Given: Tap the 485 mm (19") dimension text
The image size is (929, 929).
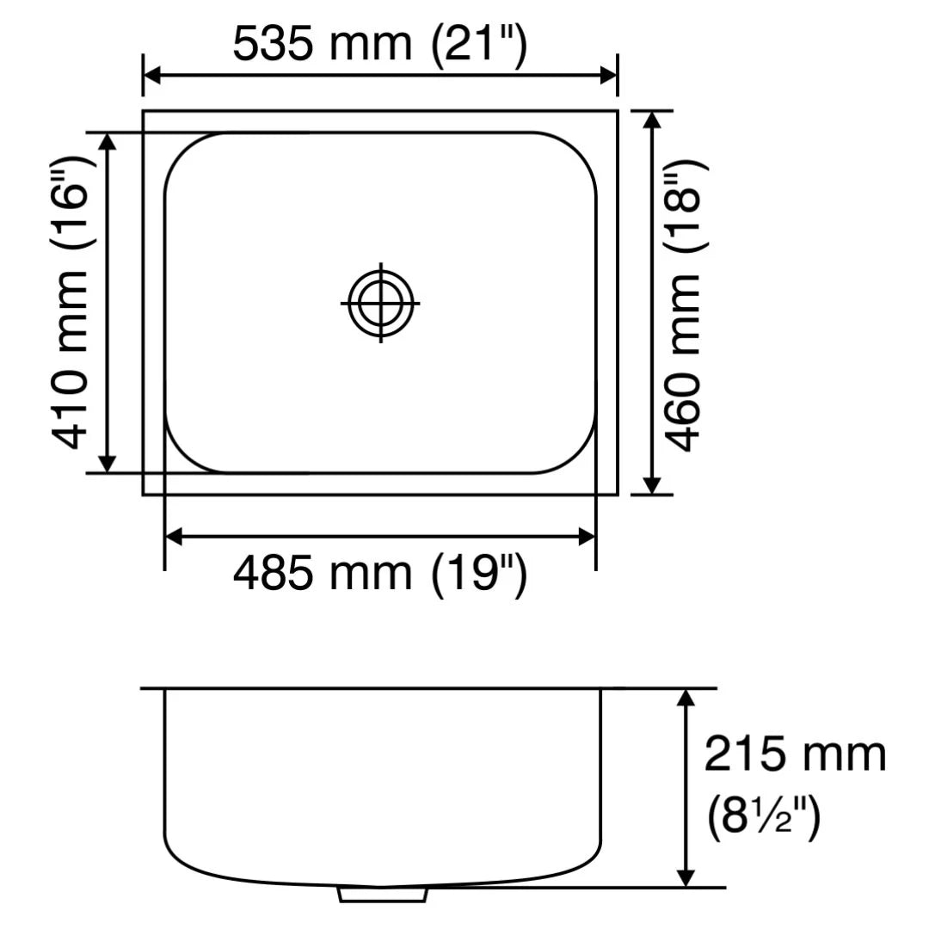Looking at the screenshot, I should pos(378,573).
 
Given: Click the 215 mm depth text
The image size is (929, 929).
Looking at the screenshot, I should pos(795,755).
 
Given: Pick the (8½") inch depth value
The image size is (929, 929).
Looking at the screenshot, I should pos(763,817).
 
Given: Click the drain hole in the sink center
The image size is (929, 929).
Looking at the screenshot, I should pos(380,304).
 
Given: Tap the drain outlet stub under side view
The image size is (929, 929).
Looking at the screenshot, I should pos(383,895).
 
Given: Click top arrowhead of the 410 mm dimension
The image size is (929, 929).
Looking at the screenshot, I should pos(108,143).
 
